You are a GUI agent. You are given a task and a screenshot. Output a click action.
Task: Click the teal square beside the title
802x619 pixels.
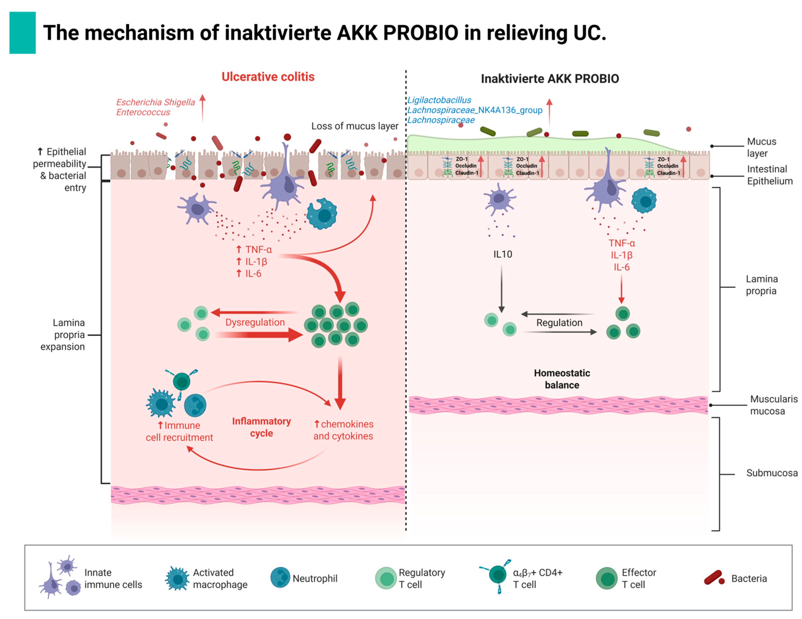coord(23,33)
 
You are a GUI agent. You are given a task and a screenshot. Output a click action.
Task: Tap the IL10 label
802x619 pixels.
coord(502,254)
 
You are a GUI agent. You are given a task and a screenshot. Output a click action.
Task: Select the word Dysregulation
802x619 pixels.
coord(255,322)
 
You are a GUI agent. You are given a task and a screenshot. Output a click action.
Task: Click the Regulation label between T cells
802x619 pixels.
coord(559,323)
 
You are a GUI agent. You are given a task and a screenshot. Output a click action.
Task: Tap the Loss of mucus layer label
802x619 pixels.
coord(354,126)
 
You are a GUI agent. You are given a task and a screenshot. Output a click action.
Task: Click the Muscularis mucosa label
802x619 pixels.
coord(773,405)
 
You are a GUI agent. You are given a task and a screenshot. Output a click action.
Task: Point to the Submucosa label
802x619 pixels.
coord(771,473)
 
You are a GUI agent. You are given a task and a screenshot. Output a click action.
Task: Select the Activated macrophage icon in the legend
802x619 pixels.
coord(177,579)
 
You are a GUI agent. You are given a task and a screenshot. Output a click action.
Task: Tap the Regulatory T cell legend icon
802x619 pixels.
coord(386,578)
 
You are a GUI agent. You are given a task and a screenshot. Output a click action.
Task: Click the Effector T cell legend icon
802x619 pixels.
coord(606,578)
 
